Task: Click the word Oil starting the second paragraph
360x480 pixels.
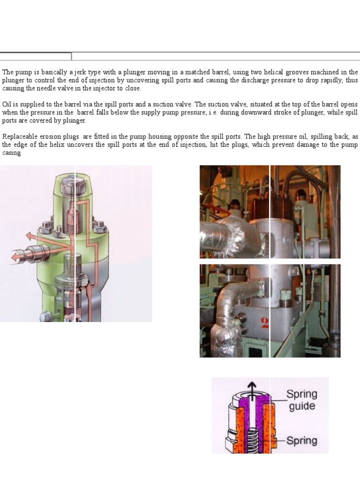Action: click(7, 104)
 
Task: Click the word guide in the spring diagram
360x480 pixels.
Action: click(302, 406)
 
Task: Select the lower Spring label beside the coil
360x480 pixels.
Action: click(302, 441)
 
